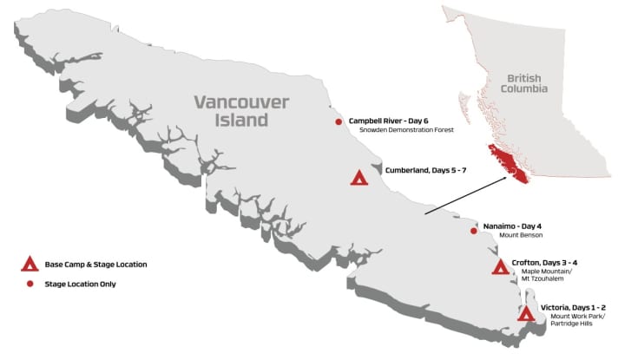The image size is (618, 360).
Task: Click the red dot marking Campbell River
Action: coord(339,122)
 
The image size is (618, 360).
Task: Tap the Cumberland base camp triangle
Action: coord(358,178)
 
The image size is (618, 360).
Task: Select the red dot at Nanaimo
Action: coord(473,231)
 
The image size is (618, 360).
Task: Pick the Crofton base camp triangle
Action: coord(500,267)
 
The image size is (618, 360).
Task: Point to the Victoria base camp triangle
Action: coord(525,314)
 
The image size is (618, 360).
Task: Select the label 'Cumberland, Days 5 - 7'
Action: coord(425,171)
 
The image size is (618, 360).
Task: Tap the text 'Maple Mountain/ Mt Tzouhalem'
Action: coord(545,275)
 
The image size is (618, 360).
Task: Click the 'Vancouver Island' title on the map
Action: coord(230,111)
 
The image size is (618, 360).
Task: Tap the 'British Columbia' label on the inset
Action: coord(527,84)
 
